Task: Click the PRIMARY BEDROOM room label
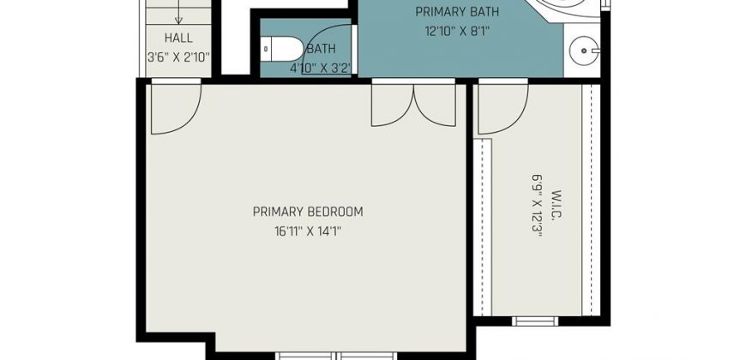coord(308,212)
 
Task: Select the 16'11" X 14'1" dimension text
coord(308,232)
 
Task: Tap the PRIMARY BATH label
coord(457,11)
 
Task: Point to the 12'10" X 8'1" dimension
coord(457,32)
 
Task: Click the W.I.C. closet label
coord(557,205)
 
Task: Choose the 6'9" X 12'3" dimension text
coord(537,205)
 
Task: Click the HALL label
coord(178,38)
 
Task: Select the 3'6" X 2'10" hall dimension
coord(178,58)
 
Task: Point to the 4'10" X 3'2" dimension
coord(321,69)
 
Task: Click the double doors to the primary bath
coord(413,103)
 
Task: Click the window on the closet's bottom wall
coord(535,321)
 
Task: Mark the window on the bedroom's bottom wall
coord(336,356)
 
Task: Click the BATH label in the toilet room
coord(321,49)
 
